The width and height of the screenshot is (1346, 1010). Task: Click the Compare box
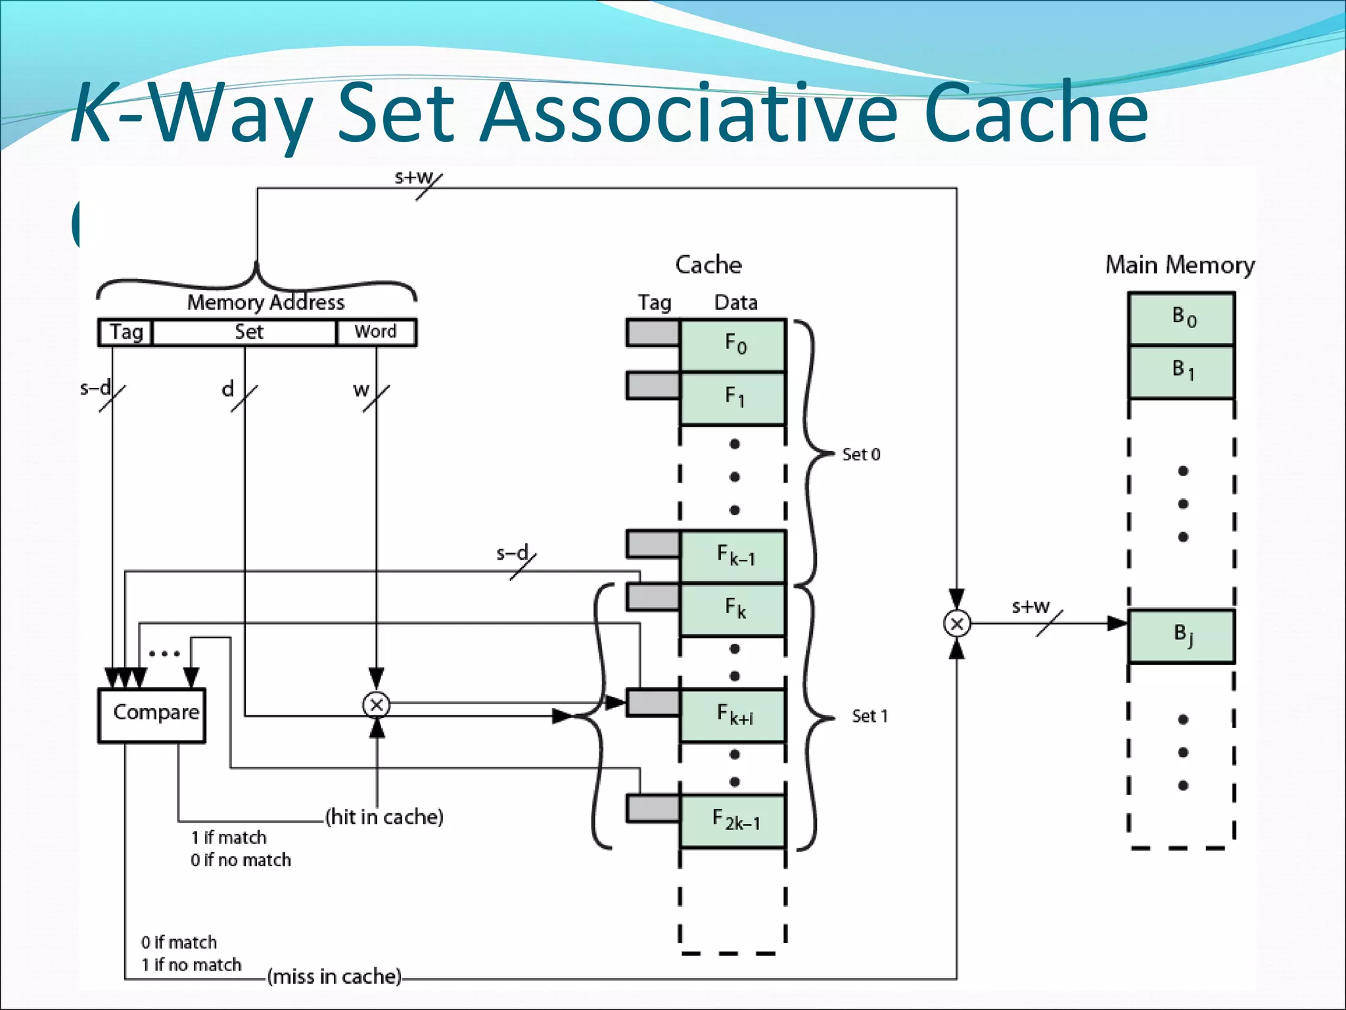pos(152,715)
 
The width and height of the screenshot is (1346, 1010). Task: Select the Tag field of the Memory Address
pos(126,332)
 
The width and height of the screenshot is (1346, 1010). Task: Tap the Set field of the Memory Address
pos(244,332)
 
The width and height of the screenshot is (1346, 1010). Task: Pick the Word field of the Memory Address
pos(376,332)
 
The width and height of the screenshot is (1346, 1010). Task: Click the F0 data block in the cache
pos(733,345)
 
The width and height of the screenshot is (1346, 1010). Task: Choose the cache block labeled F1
pos(733,398)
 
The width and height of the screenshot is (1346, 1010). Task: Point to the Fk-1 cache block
pos(733,556)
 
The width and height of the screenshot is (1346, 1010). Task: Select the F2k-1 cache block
pos(733,821)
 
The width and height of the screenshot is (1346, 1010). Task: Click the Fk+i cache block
pos(733,715)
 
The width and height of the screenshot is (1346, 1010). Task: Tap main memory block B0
pos(1182,318)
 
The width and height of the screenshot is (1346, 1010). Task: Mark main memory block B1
pos(1182,372)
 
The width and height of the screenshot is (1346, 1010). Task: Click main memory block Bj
pos(1182,636)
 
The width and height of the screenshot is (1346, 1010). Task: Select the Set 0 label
pos(861,454)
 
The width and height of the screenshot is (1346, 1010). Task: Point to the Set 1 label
pos(870,716)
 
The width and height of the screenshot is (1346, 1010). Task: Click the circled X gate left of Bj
pos(957,623)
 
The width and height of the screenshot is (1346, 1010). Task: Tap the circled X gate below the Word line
pos(377,705)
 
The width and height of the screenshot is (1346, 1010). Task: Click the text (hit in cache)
pos(384,817)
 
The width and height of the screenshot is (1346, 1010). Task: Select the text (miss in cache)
pos(335,976)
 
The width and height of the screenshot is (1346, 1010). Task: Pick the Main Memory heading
pos(1180,265)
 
